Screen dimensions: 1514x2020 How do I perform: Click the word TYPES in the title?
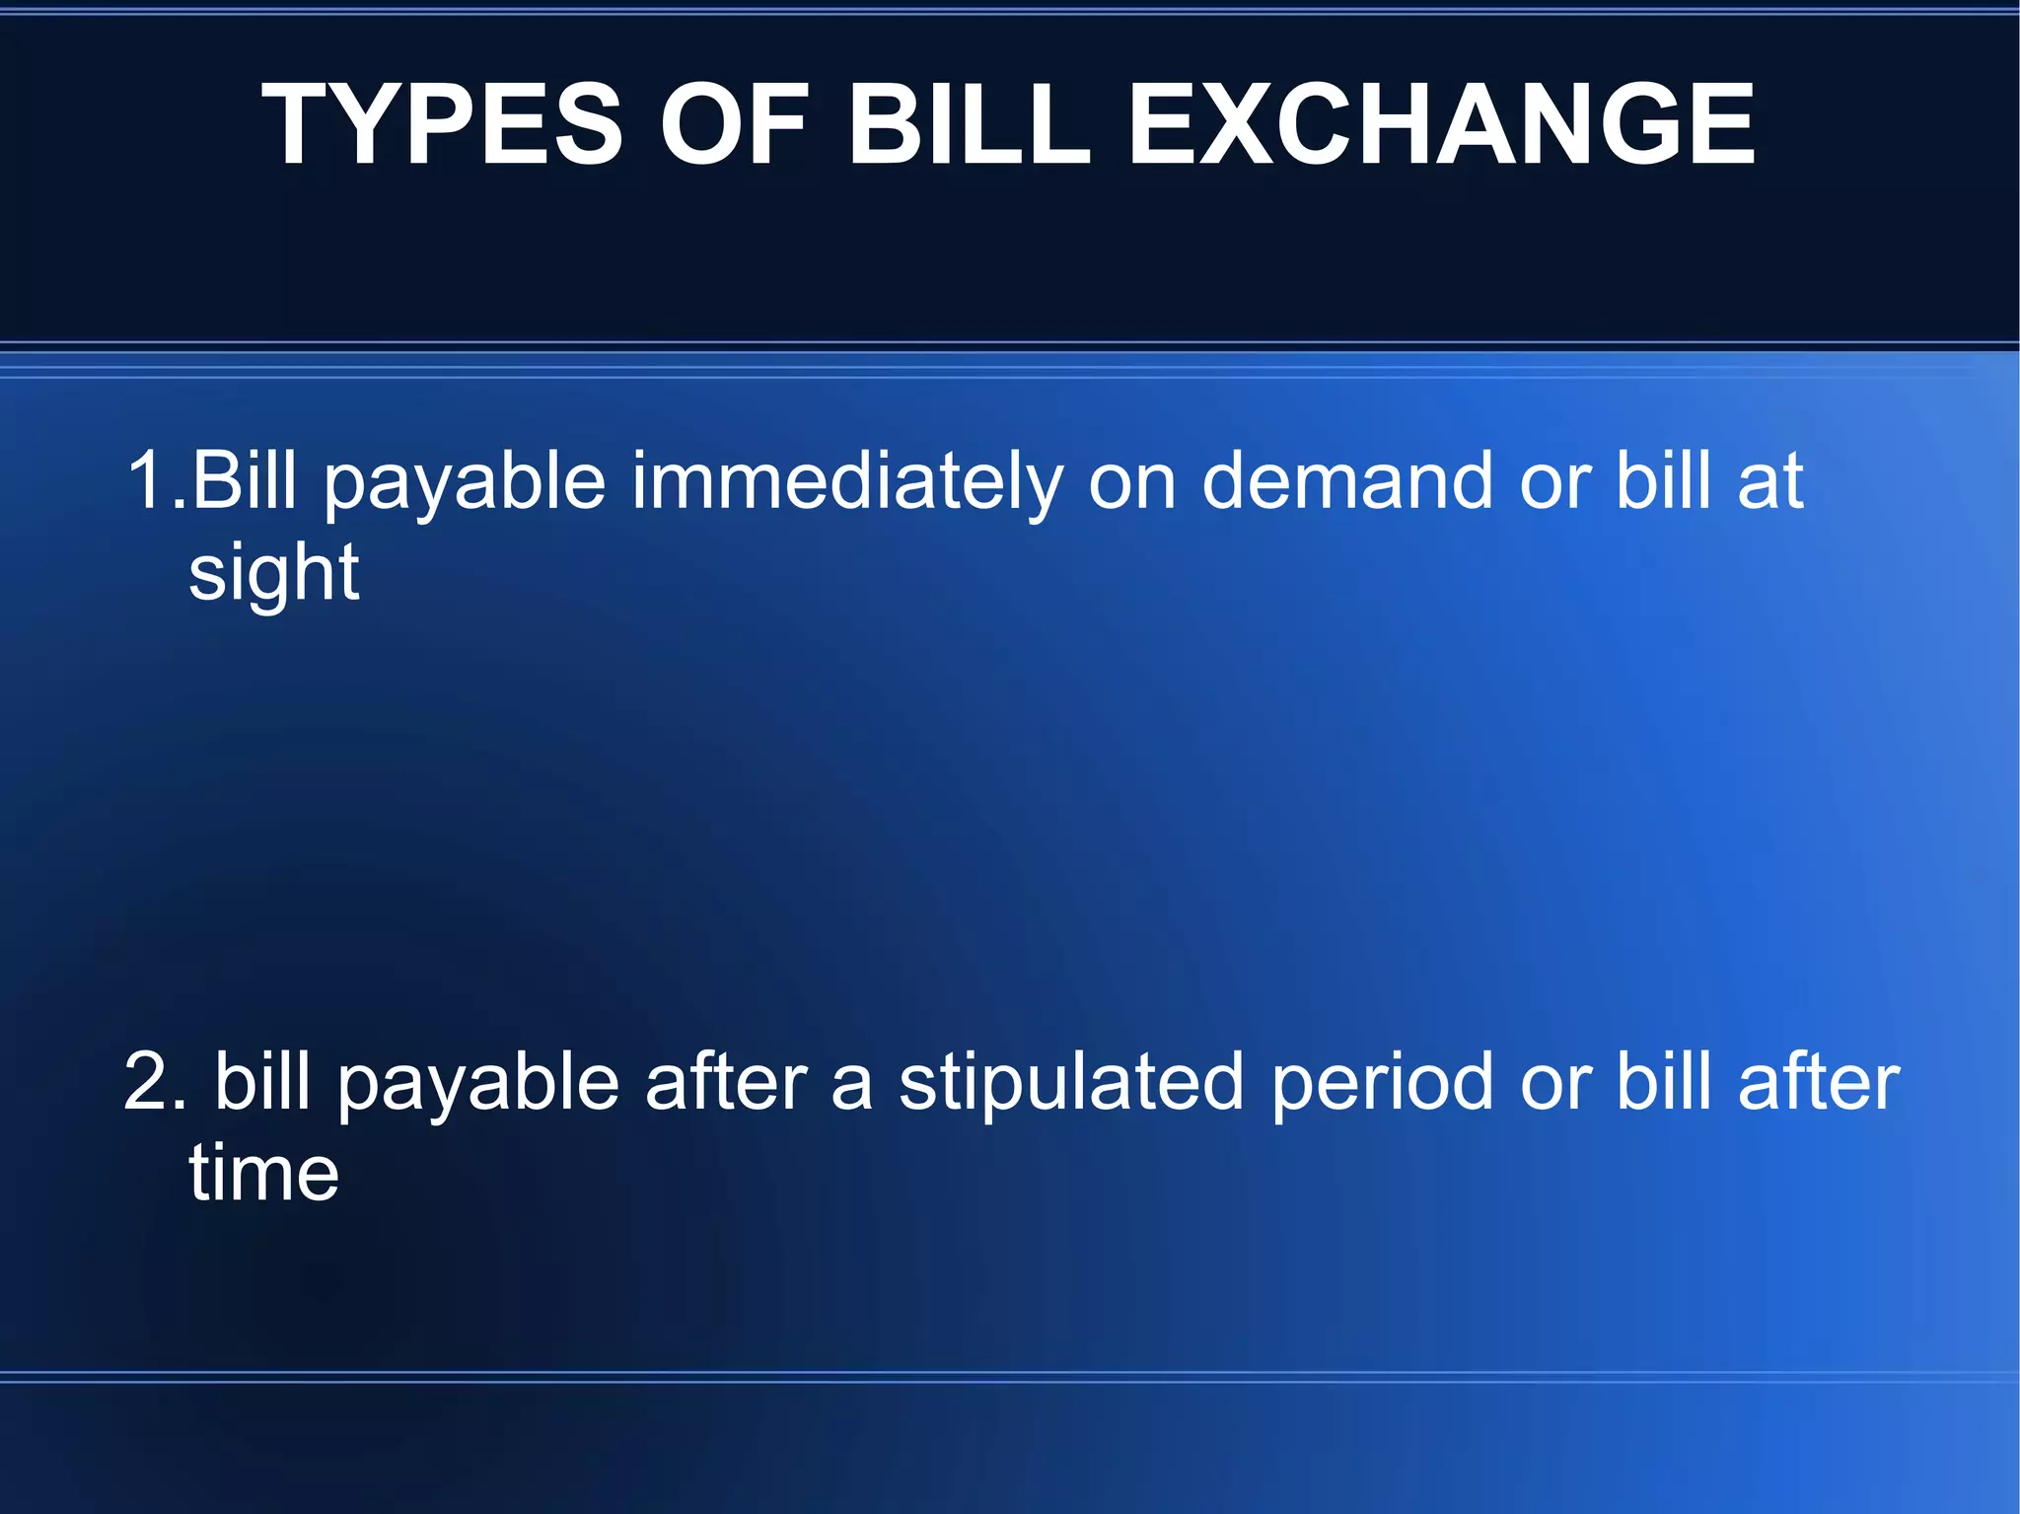pos(442,124)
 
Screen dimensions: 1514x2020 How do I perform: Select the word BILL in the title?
pos(969,124)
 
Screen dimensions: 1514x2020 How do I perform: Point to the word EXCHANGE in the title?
pos(1441,124)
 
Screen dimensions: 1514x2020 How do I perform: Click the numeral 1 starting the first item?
pos(147,480)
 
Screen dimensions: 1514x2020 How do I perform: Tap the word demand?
pos(1347,480)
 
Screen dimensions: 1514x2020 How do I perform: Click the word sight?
pos(273,575)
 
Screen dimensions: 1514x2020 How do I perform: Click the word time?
pos(263,1173)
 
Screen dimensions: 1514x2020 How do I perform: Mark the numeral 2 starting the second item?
pos(149,1082)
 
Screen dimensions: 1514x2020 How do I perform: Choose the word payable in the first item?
pos(465,482)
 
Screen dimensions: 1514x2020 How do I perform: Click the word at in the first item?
pos(1770,480)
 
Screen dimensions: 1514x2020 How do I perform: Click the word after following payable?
pos(726,1082)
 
